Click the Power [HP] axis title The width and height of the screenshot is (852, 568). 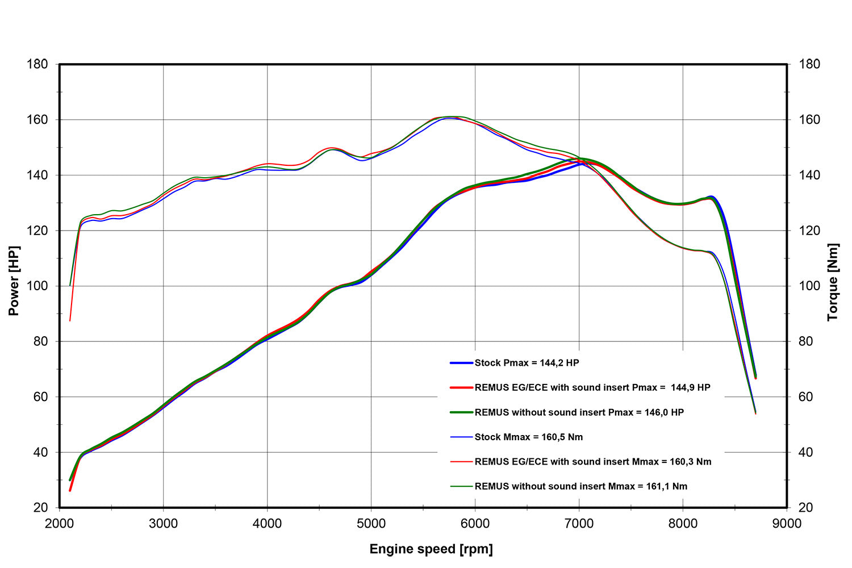[14, 281]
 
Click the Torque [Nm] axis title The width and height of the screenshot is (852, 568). [833, 282]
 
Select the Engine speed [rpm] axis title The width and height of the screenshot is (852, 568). [431, 549]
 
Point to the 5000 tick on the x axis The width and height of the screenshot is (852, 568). [371, 523]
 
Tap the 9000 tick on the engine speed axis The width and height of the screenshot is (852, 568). [787, 523]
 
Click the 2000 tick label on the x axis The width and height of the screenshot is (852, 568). [60, 523]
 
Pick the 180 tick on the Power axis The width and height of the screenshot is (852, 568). [37, 64]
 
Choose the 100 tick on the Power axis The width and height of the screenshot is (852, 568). [37, 286]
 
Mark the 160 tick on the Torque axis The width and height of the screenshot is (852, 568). [809, 120]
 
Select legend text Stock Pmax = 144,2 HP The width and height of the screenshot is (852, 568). [527, 363]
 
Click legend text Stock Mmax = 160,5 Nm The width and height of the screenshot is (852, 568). [528, 437]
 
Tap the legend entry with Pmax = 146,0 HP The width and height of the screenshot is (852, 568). [579, 412]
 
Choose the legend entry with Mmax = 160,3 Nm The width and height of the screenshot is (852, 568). [592, 462]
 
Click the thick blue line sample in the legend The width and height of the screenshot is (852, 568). [461, 363]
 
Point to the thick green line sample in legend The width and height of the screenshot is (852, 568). [461, 412]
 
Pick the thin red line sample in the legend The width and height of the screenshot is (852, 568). [461, 462]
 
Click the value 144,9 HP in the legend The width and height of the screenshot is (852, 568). [690, 387]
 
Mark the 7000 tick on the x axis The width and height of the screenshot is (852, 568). [579, 523]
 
